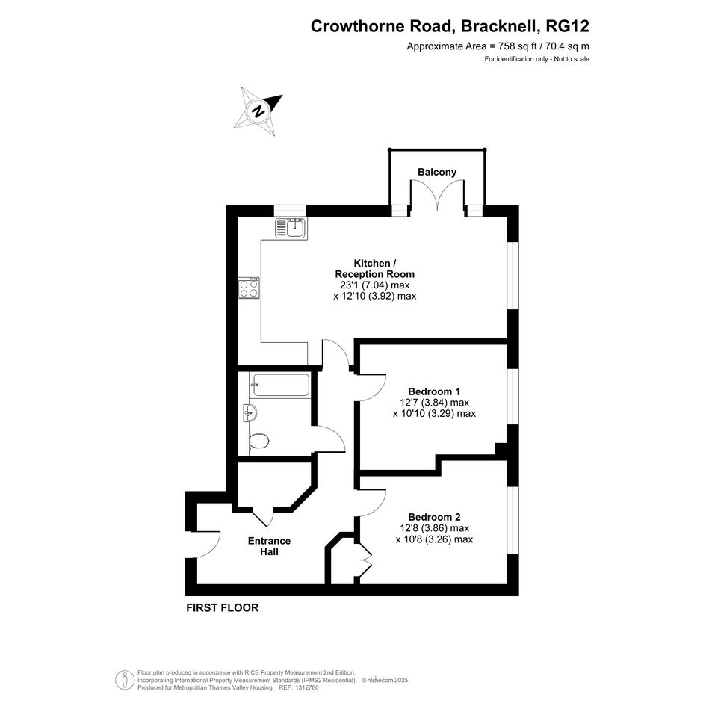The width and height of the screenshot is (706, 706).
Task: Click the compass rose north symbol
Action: coord(258,111)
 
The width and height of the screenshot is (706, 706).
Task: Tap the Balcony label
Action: coord(437,172)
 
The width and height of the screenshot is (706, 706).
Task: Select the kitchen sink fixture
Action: coord(291,228)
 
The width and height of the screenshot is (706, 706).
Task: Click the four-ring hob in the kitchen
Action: coord(249,288)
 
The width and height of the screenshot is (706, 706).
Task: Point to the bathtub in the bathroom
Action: coord(281,385)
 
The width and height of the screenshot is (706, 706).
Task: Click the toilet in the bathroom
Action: coord(258,441)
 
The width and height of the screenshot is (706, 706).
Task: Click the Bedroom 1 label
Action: coord(434,391)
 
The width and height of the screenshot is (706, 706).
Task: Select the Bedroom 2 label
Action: coord(434,517)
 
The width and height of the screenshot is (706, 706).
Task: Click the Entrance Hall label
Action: coord(269,546)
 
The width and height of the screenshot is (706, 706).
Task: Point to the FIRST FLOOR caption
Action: coord(223,608)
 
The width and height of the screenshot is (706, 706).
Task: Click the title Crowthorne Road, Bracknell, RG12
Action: coord(450,26)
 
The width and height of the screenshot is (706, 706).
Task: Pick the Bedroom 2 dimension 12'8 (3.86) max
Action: coord(434,528)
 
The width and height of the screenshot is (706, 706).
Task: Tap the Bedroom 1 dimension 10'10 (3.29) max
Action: coord(434,413)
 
